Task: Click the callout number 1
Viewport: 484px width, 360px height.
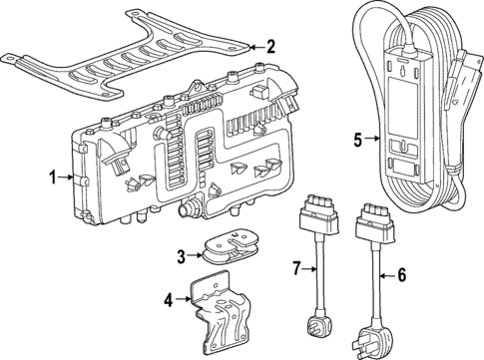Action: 53,179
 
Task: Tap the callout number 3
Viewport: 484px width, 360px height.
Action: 182,256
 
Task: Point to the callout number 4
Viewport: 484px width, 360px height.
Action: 169,298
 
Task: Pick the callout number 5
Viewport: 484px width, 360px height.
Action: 357,140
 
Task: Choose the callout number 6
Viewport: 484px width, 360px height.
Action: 402,274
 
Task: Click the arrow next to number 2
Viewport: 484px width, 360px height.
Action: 253,46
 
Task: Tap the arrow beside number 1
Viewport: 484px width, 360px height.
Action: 68,179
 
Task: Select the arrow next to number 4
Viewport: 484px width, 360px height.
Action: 185,298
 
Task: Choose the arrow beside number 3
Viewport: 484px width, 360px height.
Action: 198,256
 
